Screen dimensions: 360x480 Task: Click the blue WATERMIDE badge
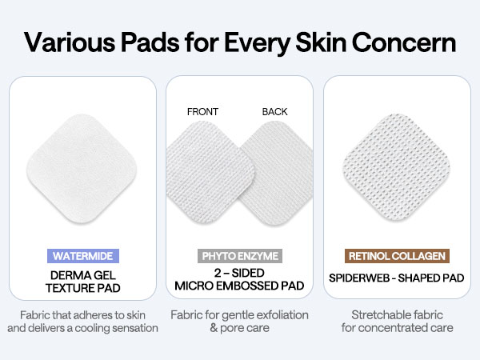[83, 257]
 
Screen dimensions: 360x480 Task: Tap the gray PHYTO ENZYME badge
[239, 257]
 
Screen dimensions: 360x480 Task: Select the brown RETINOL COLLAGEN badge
[398, 257]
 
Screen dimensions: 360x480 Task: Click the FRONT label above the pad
[202, 112]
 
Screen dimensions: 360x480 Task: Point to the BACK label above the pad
[274, 112]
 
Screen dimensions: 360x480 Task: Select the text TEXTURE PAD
[83, 288]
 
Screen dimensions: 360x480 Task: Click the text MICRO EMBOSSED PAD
[239, 288]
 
